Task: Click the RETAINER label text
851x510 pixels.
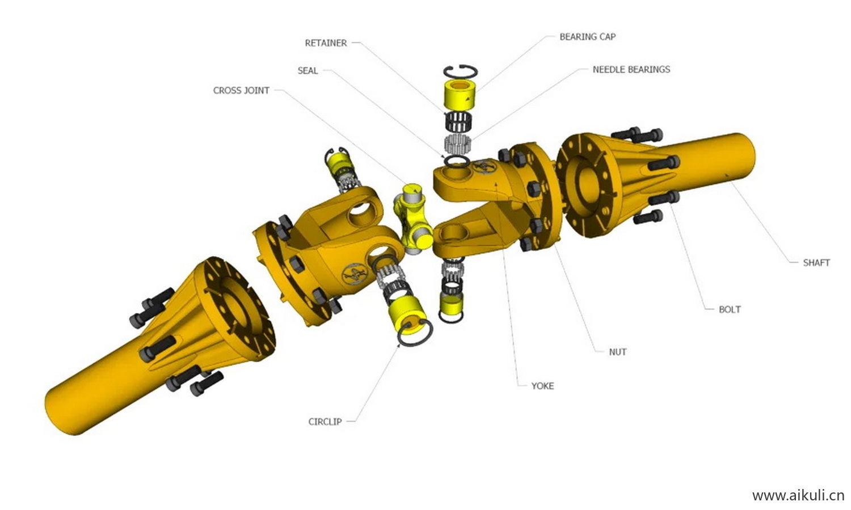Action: click(326, 43)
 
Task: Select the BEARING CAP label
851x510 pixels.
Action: click(588, 37)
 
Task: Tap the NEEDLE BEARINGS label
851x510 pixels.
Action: click(631, 70)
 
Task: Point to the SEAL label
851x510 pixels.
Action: click(307, 71)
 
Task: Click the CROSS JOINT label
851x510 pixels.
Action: click(241, 91)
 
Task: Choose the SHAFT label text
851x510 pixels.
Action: click(816, 262)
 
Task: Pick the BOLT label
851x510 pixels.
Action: click(730, 309)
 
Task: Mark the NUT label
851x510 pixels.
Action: click(618, 352)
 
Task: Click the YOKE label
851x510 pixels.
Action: click(542, 386)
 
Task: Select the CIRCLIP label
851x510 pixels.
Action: click(325, 422)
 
